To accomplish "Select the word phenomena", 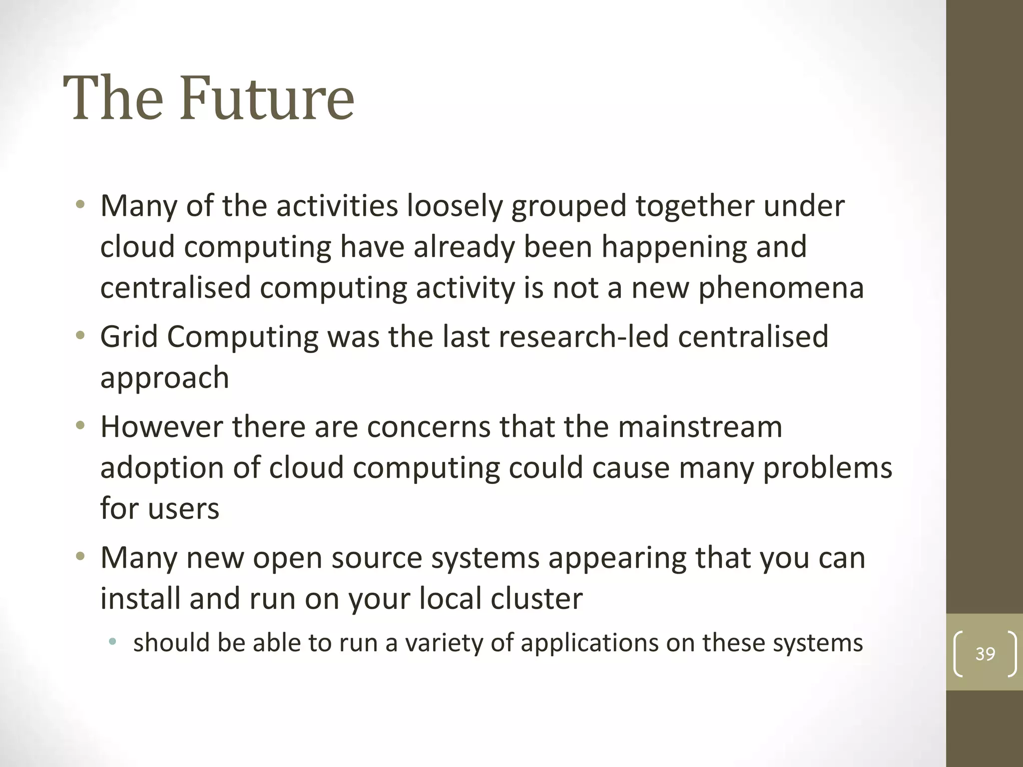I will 781,289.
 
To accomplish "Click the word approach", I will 164,379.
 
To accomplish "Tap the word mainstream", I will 700,427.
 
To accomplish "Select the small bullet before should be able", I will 113,642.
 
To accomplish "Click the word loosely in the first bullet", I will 454,207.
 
